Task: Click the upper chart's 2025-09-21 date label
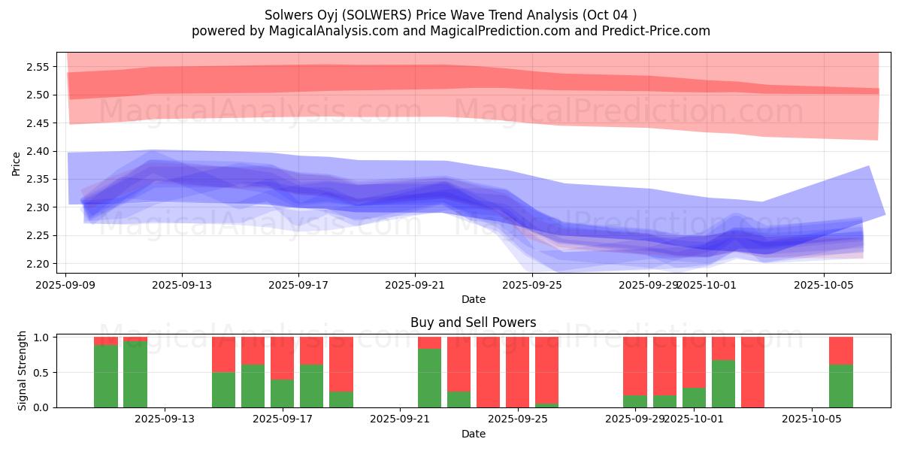tap(415, 286)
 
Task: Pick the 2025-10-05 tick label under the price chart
tap(824, 286)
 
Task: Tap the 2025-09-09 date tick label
tap(65, 286)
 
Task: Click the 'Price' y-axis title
tap(17, 164)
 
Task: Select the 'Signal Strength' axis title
tap(23, 371)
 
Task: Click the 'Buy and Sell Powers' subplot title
tap(473, 322)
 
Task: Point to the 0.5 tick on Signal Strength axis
tap(41, 372)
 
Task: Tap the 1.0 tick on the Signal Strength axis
tap(41, 337)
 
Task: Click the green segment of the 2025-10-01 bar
tap(694, 397)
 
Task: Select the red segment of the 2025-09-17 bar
tap(282, 358)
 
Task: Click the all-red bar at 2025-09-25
tap(517, 372)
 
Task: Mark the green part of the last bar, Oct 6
tap(840, 386)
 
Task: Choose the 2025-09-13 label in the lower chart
tap(165, 419)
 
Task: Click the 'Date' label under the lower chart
tap(473, 434)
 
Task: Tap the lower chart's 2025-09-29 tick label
tap(635, 419)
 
